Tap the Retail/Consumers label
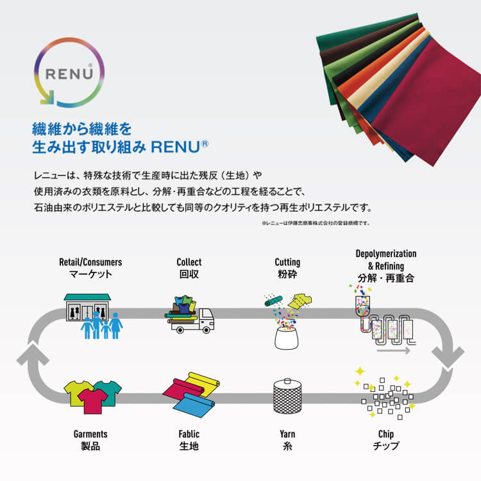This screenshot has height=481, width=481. point(90,262)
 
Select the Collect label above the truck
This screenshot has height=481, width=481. point(189,262)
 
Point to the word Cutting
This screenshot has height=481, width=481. point(287,262)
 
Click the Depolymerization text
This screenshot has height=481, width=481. point(386,254)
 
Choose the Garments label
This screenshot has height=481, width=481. point(90,434)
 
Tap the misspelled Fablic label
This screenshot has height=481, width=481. point(189,434)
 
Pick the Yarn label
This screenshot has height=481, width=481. point(287,434)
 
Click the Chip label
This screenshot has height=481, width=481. point(386,434)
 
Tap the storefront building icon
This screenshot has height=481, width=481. point(87,307)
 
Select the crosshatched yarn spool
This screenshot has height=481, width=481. point(287,396)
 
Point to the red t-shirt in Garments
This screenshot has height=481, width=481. point(92,401)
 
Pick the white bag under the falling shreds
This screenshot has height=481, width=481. point(287,338)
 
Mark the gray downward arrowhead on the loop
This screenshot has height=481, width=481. point(448,357)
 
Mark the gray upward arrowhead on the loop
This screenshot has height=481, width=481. point(33,355)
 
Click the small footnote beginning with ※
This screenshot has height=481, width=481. point(316,223)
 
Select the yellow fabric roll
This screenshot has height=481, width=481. point(203,383)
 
